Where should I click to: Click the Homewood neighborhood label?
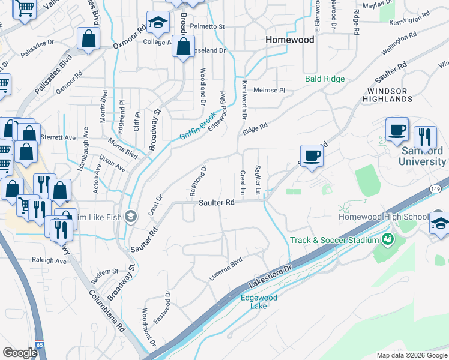coord(290,40)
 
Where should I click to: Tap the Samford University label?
coord(423,156)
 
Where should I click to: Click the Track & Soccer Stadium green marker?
coord(387,240)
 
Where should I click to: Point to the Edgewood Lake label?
coord(259,302)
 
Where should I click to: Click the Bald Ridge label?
coord(324,79)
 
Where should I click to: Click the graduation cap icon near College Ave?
coord(157,23)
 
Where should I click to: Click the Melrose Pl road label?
coord(268,90)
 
